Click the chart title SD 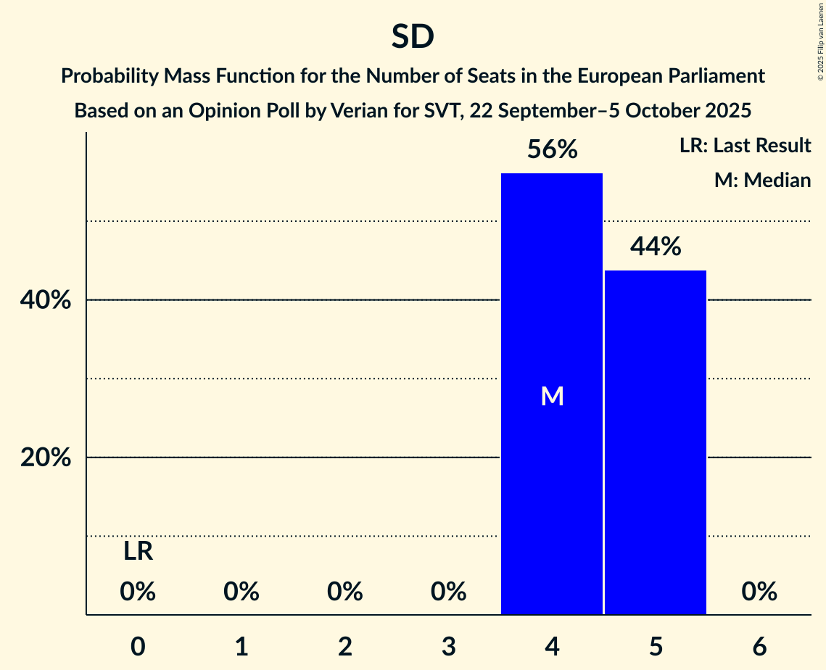413,37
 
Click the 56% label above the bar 552,150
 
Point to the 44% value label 656,247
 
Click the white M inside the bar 552,396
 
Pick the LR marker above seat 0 138,552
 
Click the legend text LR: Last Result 745,146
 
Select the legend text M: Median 762,180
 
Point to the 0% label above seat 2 345,592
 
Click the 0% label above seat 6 759,592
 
